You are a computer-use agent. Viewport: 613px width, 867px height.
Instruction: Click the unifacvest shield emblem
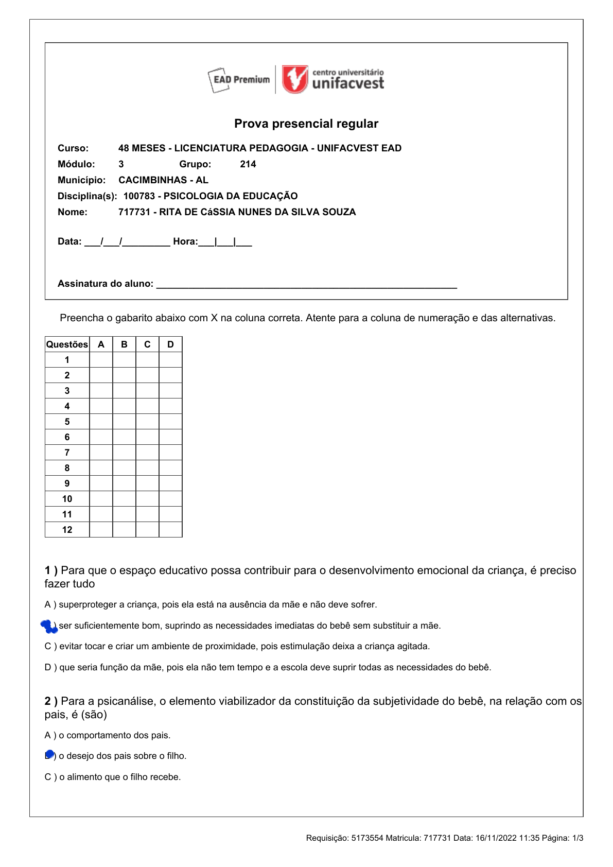point(295,79)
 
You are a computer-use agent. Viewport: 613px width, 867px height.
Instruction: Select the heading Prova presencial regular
point(306,124)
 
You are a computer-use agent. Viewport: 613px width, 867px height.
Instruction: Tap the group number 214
point(248,164)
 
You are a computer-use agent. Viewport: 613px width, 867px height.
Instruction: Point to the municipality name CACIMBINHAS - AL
point(163,180)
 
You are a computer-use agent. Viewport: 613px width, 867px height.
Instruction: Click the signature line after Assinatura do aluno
point(306,285)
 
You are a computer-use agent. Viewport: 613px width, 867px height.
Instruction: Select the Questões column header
point(67,344)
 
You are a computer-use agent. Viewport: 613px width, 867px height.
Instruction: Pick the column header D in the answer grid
point(170,344)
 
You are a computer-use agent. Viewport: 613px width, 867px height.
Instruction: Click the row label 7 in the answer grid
point(67,453)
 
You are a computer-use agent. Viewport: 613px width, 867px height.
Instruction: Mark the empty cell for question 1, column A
point(101,360)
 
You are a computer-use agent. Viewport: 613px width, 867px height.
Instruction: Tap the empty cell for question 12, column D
point(170,530)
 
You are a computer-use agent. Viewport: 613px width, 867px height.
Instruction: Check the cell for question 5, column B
point(124,422)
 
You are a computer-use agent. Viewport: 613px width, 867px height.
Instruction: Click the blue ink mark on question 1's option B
point(49,626)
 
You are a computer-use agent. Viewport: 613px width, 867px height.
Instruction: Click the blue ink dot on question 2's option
point(49,755)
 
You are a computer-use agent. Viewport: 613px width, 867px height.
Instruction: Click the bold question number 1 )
point(51,570)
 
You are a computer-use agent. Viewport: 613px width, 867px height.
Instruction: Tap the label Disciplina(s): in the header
point(87,196)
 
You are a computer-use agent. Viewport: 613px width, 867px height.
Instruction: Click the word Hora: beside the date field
point(185,241)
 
